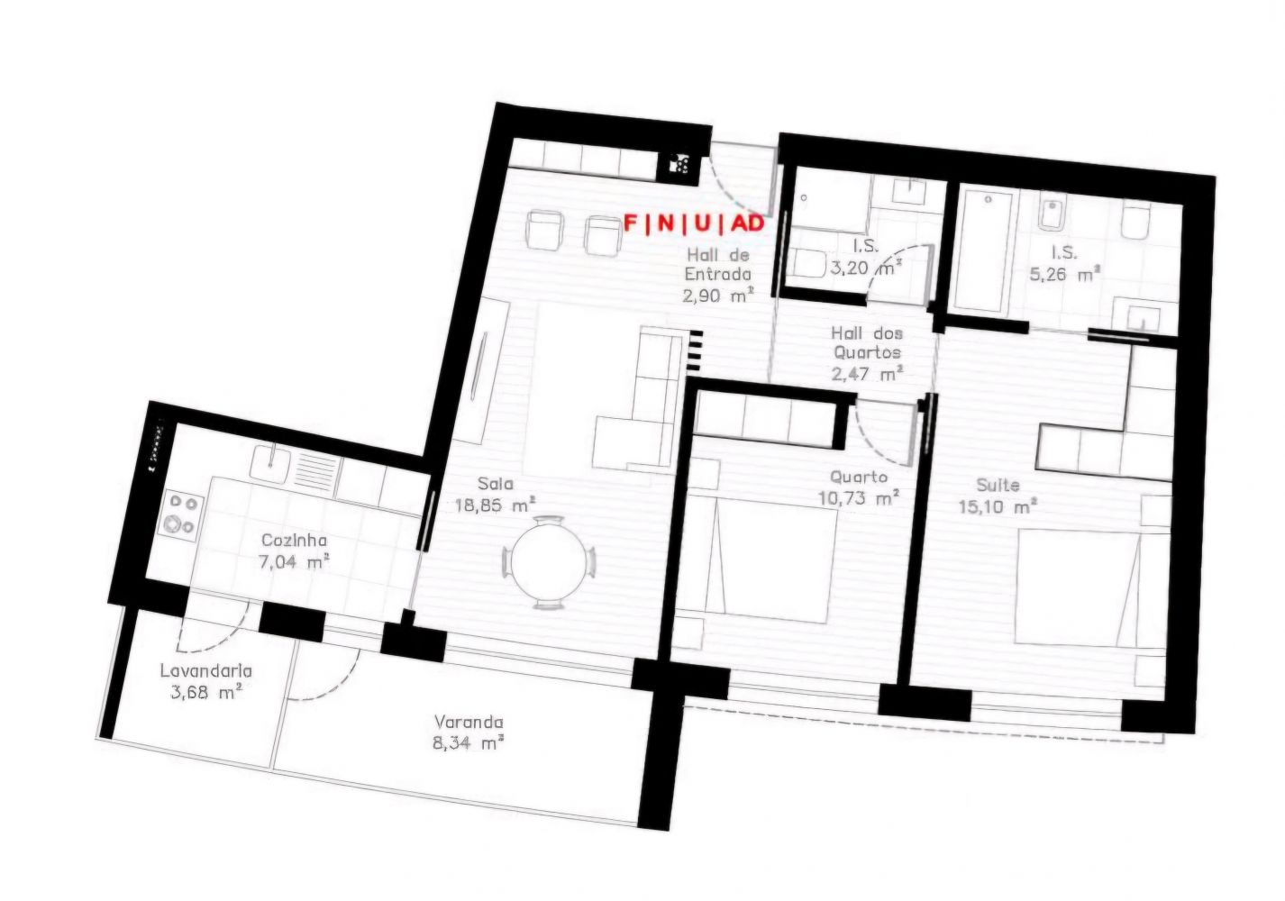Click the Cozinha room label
coord(294,541)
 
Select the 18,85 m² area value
coord(495,505)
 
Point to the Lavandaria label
coord(206,670)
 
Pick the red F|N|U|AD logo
coord(694,223)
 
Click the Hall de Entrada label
coord(717,264)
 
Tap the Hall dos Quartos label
coord(867,342)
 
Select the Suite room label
coord(998,486)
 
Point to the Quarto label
coord(859,478)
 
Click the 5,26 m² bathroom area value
coord(1065,275)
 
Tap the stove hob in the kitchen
coord(181,514)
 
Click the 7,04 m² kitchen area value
coord(294,562)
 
